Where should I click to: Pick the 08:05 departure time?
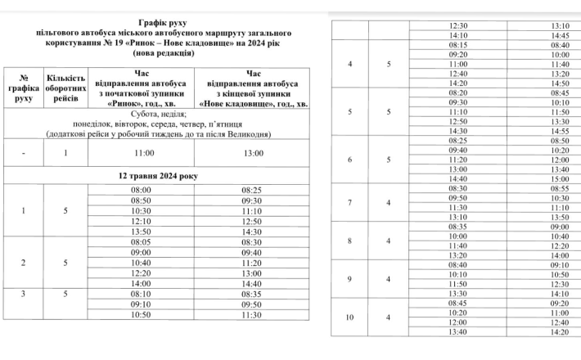[x=138, y=242]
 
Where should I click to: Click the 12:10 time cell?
[x=138, y=221]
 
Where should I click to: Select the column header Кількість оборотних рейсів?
[x=65, y=88]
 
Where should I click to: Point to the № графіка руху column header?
[x=23, y=88]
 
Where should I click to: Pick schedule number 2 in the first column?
[x=23, y=263]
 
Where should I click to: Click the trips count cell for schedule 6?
[x=390, y=160]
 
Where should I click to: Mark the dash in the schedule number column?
[x=23, y=153]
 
